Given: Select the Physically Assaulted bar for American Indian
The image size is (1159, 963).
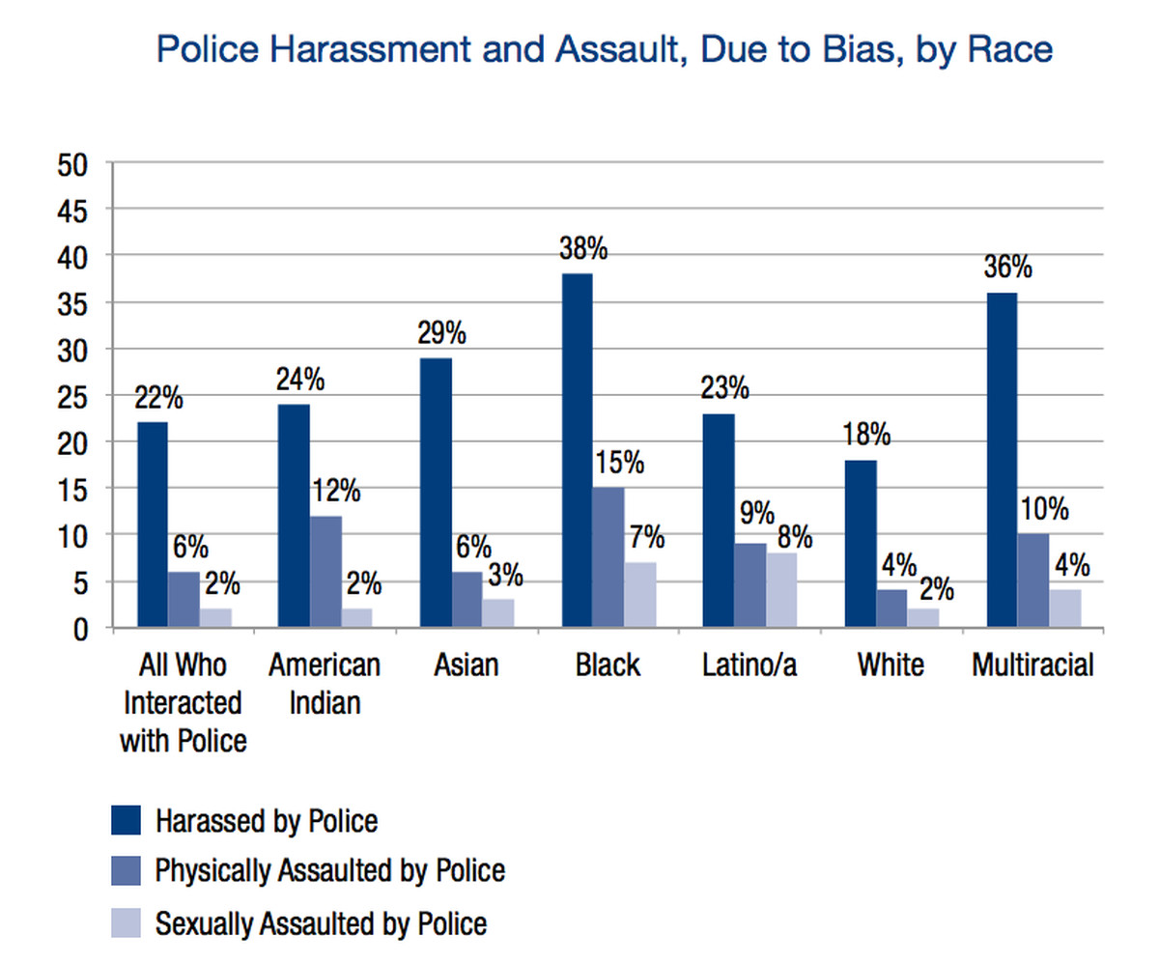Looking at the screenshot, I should pos(325,572).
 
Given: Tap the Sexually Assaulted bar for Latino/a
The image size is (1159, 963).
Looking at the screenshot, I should pos(782,590).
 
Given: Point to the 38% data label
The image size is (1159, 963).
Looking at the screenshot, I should pos(582,249).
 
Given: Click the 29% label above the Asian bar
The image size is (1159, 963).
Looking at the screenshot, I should pos(442,334).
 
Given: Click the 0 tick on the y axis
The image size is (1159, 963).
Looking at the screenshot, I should pos(80,629).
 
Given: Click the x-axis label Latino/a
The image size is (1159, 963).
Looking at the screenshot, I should pos(750,666).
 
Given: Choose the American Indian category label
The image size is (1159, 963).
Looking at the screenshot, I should pos(325,683).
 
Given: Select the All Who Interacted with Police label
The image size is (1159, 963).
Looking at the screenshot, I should pos(183,702).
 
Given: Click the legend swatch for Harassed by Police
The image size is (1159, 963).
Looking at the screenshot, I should pos(125,821).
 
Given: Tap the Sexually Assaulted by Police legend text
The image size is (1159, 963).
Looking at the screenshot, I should pos(321,923).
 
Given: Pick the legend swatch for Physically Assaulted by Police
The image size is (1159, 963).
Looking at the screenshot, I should pos(125,871).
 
